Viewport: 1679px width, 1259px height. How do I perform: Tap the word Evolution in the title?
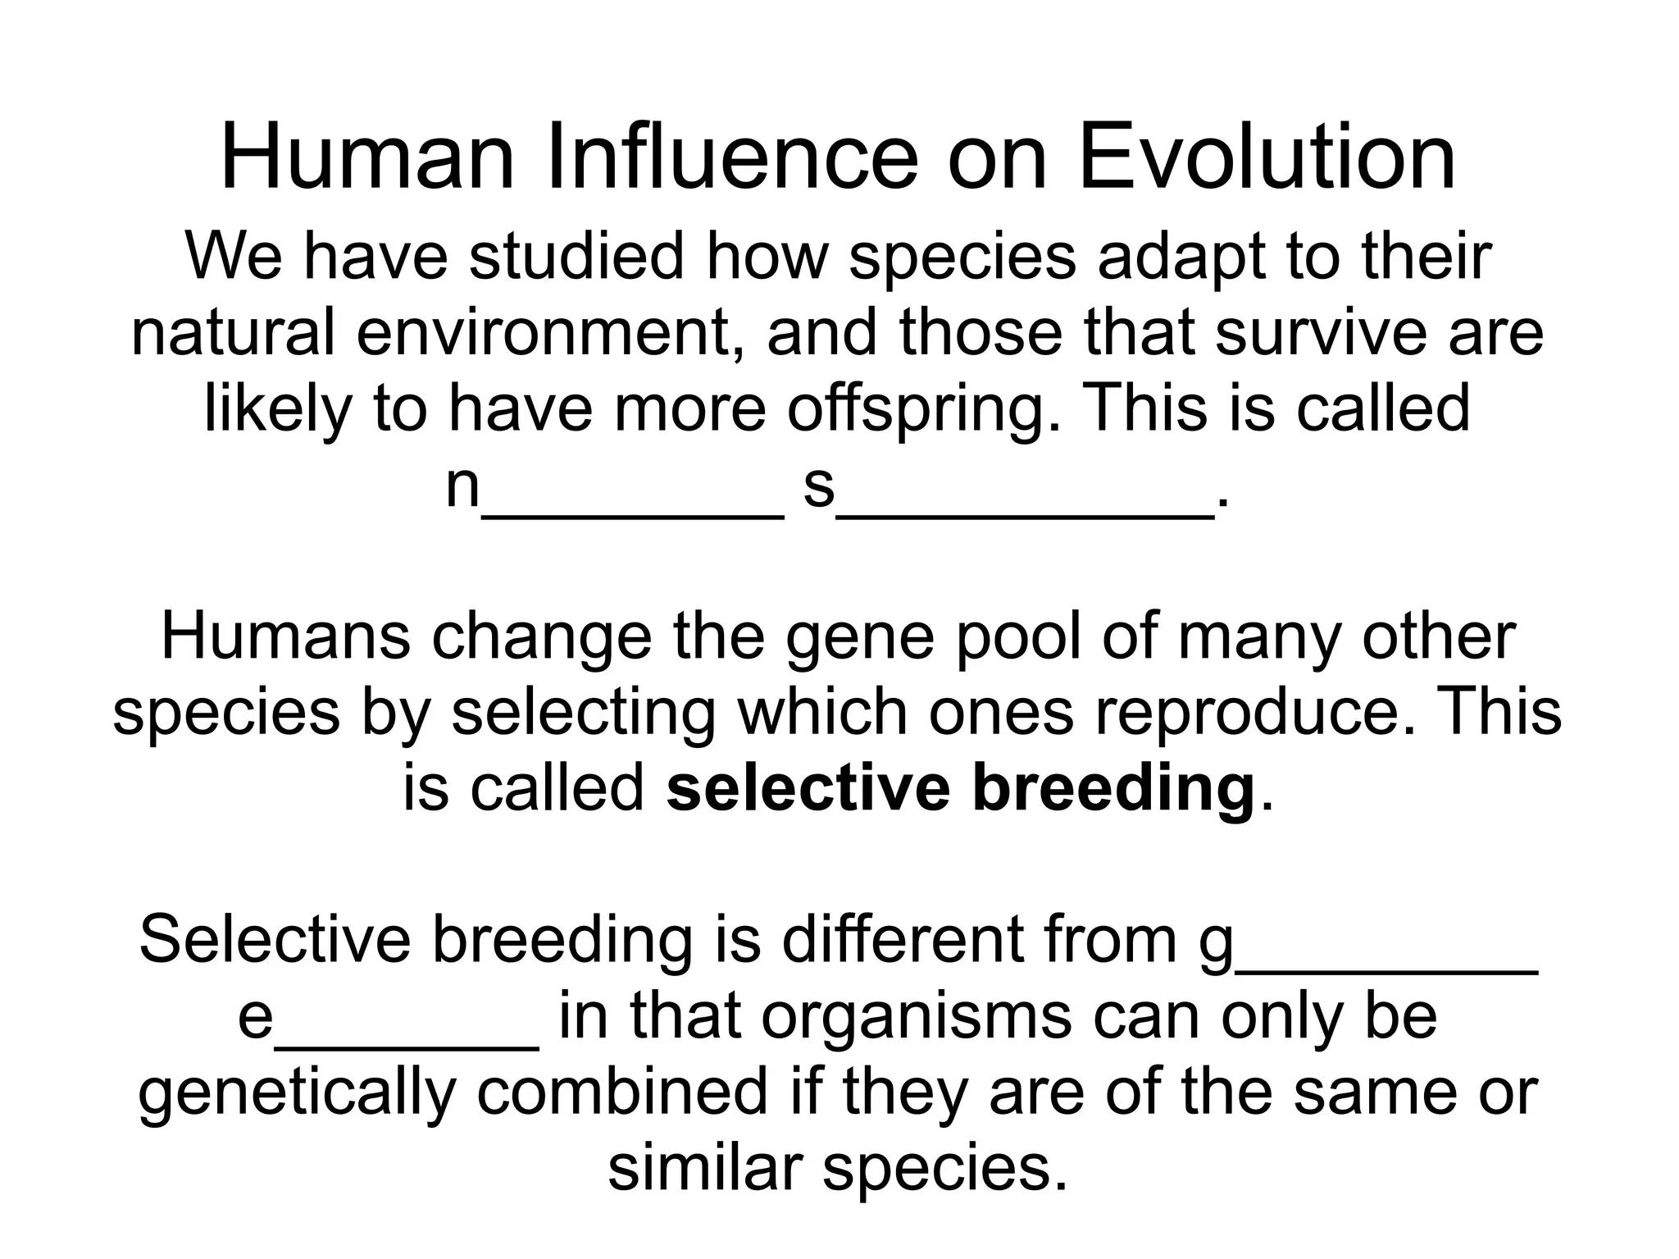1267,157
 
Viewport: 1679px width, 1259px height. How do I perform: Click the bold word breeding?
1113,788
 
